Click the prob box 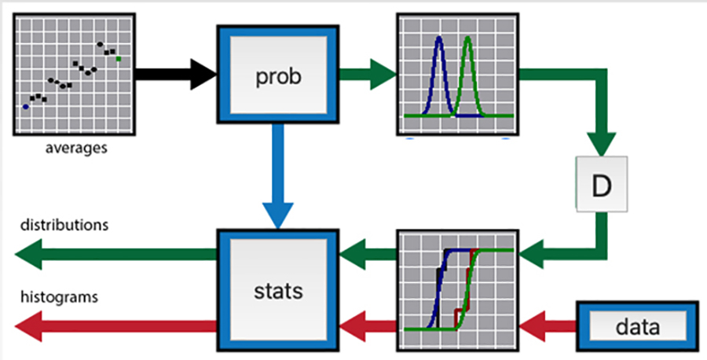tap(279, 77)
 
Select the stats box tap(279, 290)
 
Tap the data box tap(637, 325)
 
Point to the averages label tap(75, 146)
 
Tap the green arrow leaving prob tap(366, 76)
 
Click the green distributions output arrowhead tap(31, 254)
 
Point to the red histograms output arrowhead tap(31, 325)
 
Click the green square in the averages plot tap(119, 58)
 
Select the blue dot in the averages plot tap(25, 107)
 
